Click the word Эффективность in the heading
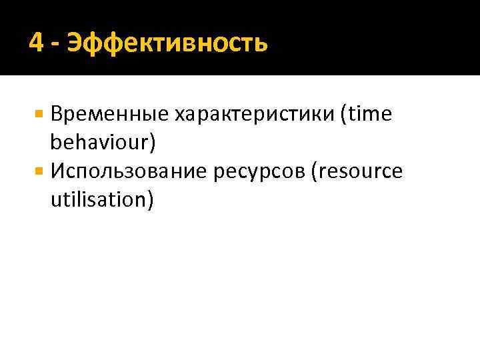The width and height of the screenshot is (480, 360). point(171,44)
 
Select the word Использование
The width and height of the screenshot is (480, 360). point(129,172)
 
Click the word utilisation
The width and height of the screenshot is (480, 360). point(96,200)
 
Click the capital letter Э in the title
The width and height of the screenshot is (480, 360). point(82,44)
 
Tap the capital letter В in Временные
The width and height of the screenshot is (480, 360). point(55,115)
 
